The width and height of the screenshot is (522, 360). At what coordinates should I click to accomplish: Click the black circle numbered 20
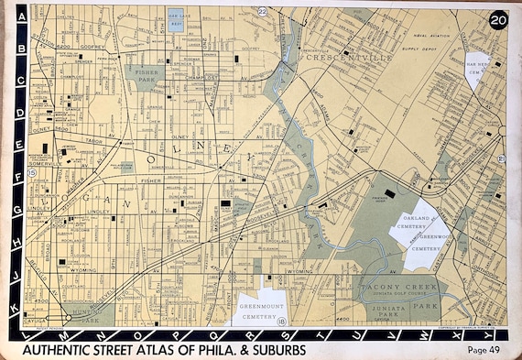(497, 20)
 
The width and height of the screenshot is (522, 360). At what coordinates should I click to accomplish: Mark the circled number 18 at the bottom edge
(281, 322)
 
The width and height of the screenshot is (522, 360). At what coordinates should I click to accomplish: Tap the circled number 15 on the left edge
(32, 172)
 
